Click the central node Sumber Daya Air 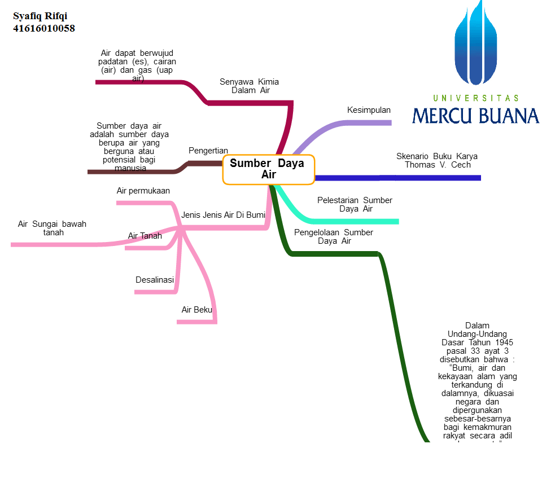point(268,169)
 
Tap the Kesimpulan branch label point(369,110)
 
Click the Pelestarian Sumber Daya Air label point(355,204)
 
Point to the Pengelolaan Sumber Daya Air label point(334,236)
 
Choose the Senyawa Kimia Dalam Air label point(249,86)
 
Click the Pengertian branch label point(208,151)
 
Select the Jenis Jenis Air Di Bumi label point(223,215)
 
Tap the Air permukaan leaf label point(143,191)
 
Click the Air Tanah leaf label point(145,236)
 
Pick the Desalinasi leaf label point(155,280)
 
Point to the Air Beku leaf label point(196,310)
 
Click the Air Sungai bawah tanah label point(52,228)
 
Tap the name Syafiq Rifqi point(40,16)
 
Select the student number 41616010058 point(44,28)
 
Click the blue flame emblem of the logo point(475,45)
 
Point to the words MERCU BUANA point(475,115)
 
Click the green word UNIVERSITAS point(475,98)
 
